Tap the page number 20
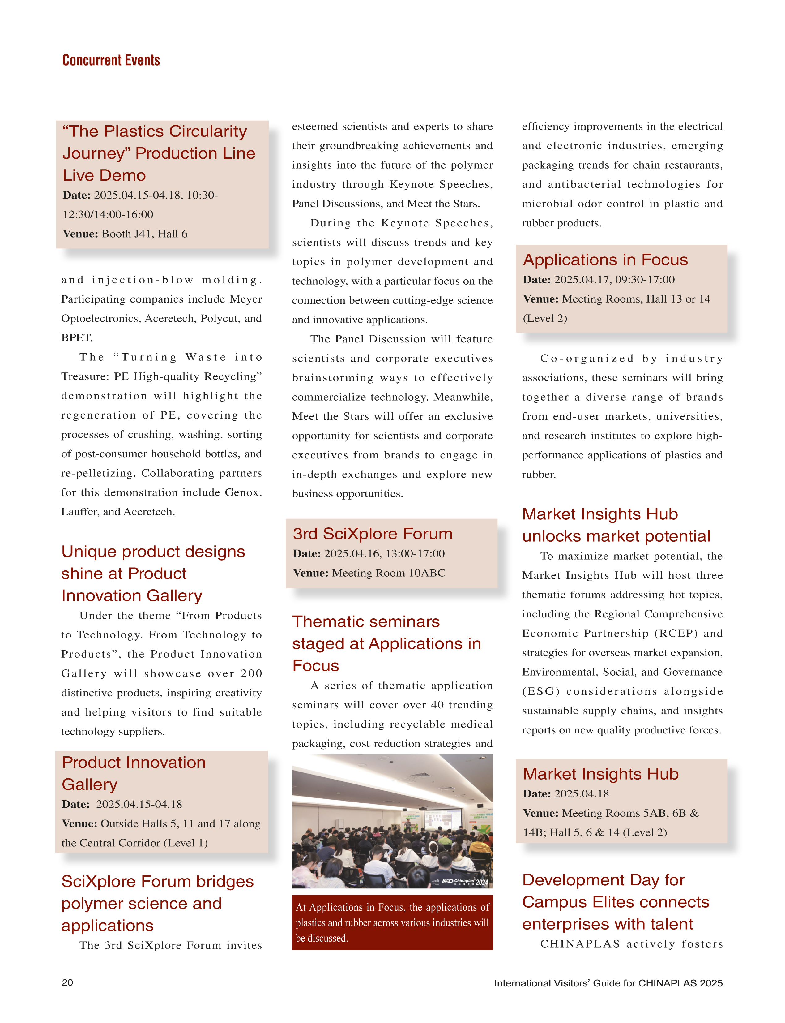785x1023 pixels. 67,982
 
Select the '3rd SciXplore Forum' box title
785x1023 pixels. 373,534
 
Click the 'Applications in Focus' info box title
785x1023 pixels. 605,260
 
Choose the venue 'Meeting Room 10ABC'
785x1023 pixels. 388,573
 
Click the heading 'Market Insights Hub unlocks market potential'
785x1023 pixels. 616,525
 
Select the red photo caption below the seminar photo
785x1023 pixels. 392,922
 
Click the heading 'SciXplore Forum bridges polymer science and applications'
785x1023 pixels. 157,903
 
